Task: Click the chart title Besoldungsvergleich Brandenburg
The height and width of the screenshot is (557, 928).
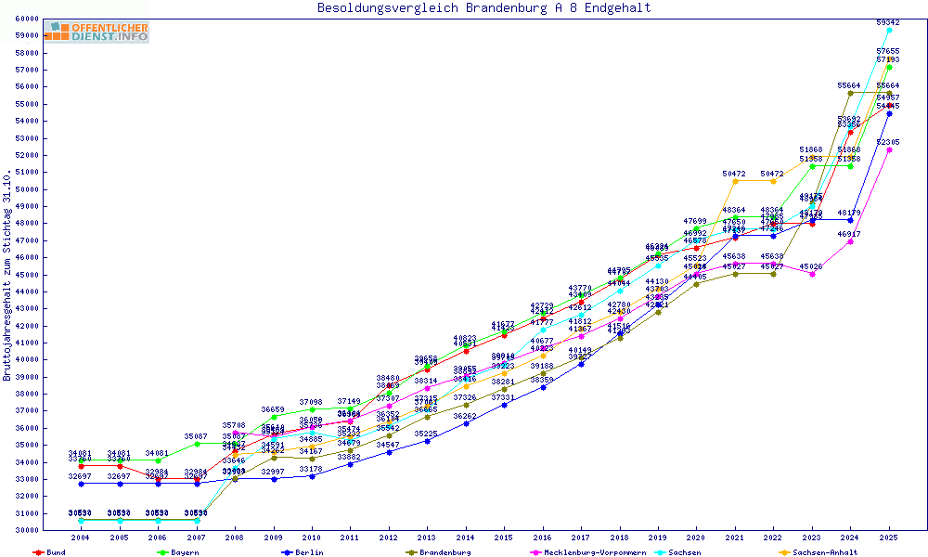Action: click(x=483, y=8)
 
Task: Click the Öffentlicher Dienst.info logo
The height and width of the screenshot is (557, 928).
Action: click(x=97, y=32)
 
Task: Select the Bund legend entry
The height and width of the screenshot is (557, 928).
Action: click(x=51, y=552)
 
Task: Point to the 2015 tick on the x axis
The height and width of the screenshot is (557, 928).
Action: click(x=504, y=538)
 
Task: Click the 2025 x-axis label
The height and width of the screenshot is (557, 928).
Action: click(x=889, y=538)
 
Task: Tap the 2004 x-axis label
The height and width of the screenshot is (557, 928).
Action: click(x=82, y=538)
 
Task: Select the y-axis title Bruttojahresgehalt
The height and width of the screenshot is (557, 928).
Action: click(x=7, y=276)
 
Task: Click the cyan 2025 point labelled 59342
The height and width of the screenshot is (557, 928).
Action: click(x=889, y=30)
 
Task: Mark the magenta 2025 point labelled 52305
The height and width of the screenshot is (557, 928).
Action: click(x=889, y=149)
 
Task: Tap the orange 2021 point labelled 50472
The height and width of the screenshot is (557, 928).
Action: click(x=735, y=181)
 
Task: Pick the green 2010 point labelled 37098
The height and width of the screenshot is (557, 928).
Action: click(x=312, y=409)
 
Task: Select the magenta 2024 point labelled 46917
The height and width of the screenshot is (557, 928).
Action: click(x=850, y=241)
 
